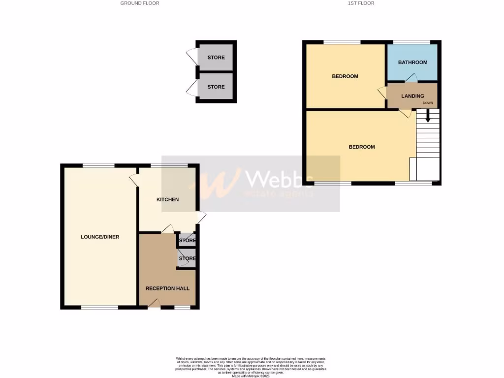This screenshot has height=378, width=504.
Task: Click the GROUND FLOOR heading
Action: point(140,3)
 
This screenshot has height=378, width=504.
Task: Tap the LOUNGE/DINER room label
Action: point(100,237)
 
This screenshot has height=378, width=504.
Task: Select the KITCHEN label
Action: point(167,199)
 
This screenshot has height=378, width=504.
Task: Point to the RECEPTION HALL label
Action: point(167,288)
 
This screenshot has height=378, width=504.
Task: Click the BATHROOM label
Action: point(412,63)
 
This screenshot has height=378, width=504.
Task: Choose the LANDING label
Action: point(412,96)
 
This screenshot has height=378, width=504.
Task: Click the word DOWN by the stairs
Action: point(428,103)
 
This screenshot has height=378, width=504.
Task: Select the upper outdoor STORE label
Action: point(216,58)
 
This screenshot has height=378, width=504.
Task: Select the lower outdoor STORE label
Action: point(216,87)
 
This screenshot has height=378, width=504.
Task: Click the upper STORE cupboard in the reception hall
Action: point(187,241)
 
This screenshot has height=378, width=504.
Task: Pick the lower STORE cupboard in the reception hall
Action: point(187,258)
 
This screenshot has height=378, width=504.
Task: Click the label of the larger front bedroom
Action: point(362,147)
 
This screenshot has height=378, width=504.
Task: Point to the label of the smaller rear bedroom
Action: point(345,76)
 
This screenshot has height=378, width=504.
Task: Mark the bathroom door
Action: point(411,78)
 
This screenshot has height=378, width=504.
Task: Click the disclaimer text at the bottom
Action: point(252,367)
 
